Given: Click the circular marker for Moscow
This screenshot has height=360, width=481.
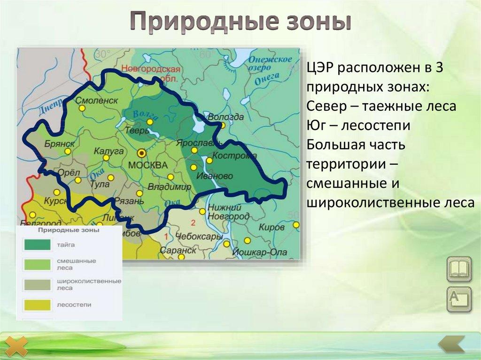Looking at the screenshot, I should (x=141, y=153).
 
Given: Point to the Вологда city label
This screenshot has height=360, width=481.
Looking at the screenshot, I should (x=225, y=117).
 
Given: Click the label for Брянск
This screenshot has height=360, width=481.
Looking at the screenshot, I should (x=60, y=144).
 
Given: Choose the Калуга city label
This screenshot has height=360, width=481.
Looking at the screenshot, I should (x=109, y=151).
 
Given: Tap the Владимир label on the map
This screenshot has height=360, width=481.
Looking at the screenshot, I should (x=170, y=187).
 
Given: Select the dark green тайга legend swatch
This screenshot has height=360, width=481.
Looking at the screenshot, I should (x=37, y=245).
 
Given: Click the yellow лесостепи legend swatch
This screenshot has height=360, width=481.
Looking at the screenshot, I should (x=37, y=305).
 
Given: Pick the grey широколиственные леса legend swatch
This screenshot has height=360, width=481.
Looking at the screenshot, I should (x=37, y=284).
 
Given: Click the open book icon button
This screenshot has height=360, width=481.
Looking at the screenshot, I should (x=458, y=269).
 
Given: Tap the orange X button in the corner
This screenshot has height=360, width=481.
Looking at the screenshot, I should (x=17, y=347).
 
